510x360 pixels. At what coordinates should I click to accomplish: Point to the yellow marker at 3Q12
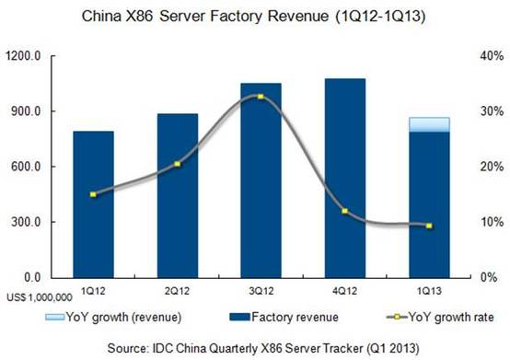(x=261, y=97)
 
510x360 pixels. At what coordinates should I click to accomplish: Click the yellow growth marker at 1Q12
(x=93, y=194)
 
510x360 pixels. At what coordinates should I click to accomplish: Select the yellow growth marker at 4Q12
(x=344, y=211)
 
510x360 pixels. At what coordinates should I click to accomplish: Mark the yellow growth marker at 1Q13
(x=429, y=226)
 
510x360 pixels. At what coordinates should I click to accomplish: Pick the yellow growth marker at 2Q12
(x=177, y=164)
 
